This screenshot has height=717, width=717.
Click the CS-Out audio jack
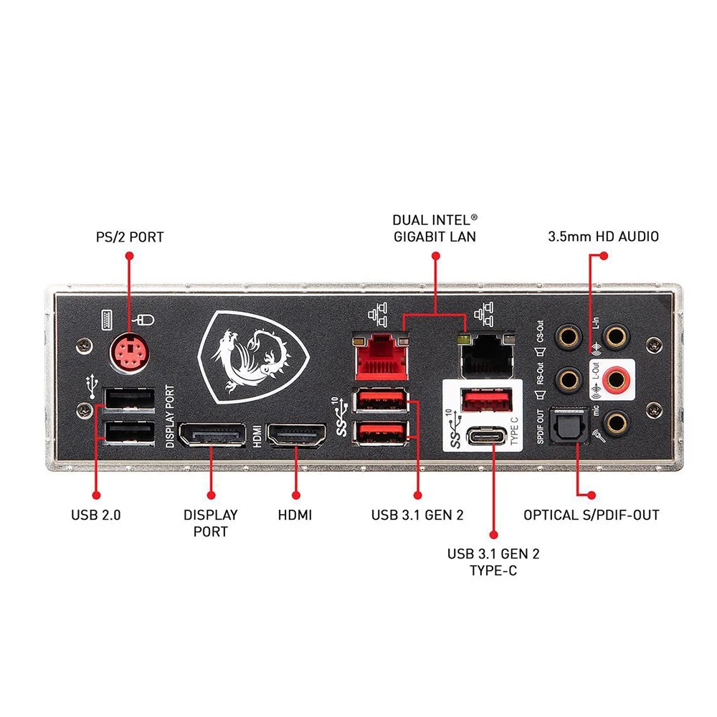point(569,336)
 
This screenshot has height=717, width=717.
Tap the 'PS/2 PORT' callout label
point(130,236)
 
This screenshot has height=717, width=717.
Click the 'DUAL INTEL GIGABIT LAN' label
point(435,228)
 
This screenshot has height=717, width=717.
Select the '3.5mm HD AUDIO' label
point(602,236)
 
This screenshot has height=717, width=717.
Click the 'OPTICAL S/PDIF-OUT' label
point(591,515)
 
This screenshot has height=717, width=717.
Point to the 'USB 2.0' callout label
point(96,515)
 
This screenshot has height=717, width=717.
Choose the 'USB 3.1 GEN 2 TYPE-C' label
point(493,562)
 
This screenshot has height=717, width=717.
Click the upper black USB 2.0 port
point(130,399)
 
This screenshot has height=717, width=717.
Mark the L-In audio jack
point(614,334)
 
